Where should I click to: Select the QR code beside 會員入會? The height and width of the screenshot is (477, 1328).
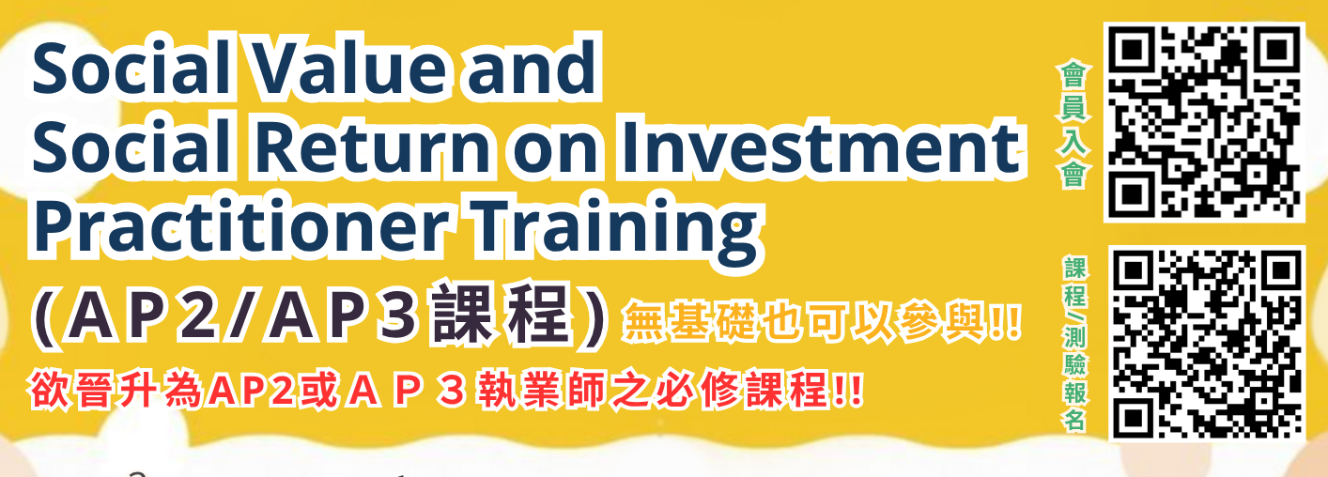point(1203,121)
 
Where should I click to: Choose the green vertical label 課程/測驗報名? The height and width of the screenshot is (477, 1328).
point(1073,344)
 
